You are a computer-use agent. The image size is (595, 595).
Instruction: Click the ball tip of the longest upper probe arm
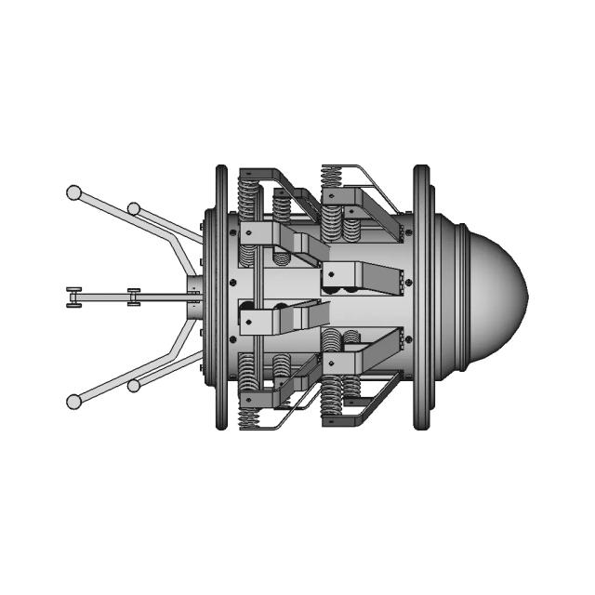click(73, 192)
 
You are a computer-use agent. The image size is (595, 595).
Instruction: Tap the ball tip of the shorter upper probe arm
click(134, 208)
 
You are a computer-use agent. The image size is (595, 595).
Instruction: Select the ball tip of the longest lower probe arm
click(73, 401)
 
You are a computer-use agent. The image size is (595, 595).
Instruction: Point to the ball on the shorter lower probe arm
click(134, 384)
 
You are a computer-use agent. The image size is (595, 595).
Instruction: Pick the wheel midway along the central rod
click(134, 297)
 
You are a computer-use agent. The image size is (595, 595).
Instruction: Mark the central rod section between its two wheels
click(103, 297)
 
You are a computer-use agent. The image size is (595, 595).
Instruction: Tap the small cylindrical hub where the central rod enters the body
click(193, 297)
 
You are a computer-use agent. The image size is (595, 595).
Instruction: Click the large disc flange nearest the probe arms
click(221, 297)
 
